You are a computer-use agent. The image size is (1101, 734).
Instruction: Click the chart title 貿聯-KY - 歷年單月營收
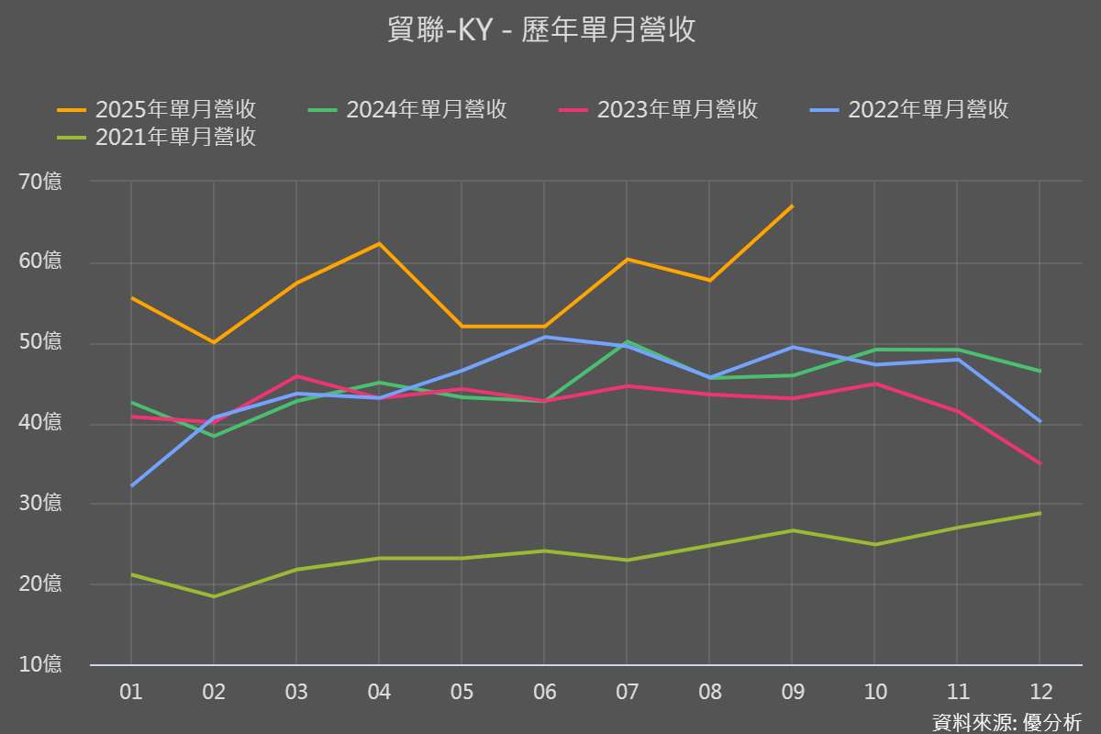click(541, 30)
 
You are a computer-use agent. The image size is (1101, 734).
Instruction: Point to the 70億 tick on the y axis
click(40, 182)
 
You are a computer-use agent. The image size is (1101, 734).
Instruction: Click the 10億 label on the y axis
click(40, 663)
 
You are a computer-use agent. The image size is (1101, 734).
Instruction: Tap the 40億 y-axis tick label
click(40, 423)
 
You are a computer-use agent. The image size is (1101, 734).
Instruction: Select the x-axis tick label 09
click(792, 692)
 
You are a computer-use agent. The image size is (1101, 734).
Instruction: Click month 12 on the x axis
click(1040, 692)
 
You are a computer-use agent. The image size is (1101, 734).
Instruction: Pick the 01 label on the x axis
click(131, 692)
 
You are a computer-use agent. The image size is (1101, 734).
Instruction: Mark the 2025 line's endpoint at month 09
click(792, 206)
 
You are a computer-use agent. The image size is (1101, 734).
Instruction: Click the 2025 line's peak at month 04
click(379, 243)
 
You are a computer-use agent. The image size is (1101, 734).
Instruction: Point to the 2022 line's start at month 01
click(131, 485)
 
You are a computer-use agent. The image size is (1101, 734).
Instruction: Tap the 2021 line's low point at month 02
click(214, 596)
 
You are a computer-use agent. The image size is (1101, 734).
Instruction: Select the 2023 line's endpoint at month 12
click(1040, 463)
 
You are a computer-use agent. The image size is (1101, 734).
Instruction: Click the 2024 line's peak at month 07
click(627, 341)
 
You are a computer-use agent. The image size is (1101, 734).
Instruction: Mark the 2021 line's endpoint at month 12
click(1040, 513)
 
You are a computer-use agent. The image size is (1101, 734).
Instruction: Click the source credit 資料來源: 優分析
click(1006, 721)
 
